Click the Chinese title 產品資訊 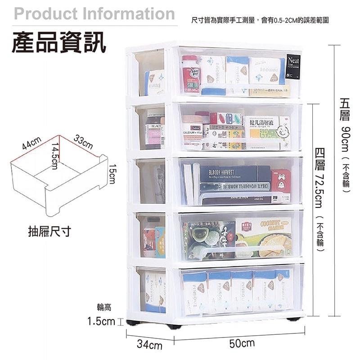pos(59,43)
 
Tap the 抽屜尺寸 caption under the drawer pos(49,232)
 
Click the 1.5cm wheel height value pos(101,322)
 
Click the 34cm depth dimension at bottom pos(149,346)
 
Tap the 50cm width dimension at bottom pos(242,344)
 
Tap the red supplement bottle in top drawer pos(190,75)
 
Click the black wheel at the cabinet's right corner pos(295,319)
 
